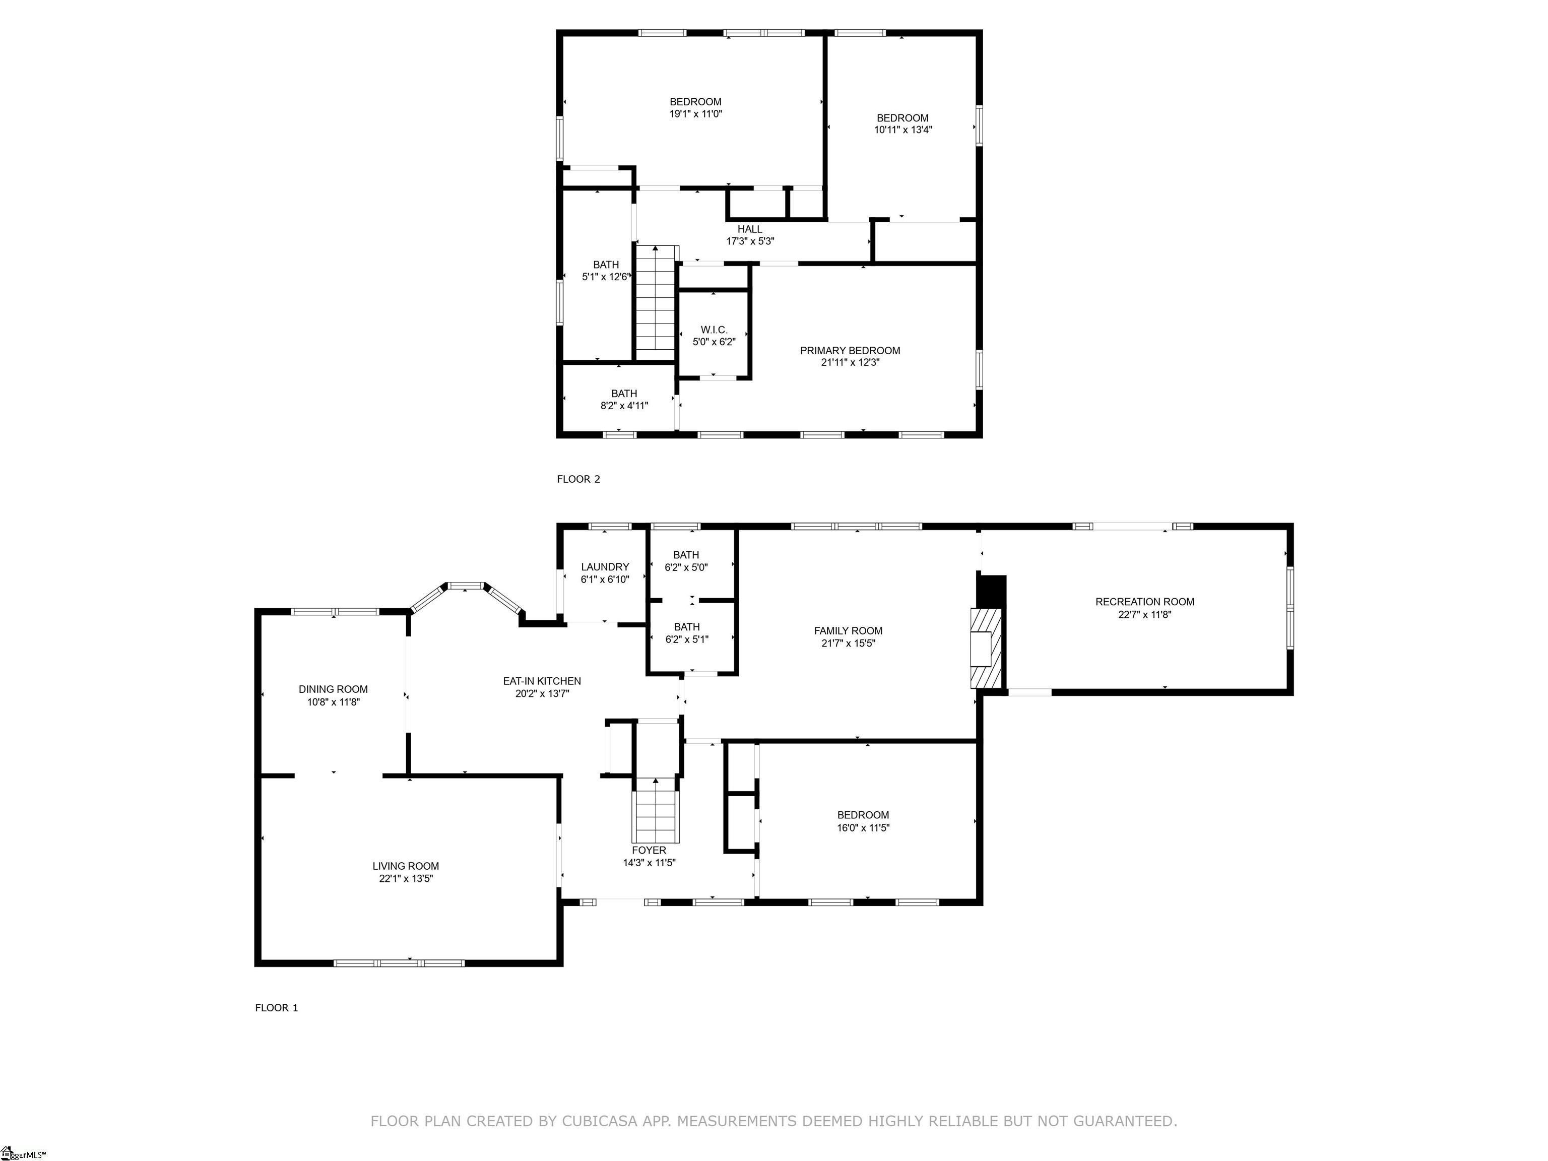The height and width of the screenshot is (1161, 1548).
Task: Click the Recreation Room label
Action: pos(1144,602)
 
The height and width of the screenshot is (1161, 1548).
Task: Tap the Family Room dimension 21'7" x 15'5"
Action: pos(848,643)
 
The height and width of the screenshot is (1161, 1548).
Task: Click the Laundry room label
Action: pos(605,567)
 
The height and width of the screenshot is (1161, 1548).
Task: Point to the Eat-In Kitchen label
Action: pos(542,681)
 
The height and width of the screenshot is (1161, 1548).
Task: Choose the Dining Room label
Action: pos(333,689)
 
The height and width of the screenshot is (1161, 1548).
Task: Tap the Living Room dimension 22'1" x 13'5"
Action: pos(406,878)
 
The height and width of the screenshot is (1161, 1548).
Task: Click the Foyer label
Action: pos(649,850)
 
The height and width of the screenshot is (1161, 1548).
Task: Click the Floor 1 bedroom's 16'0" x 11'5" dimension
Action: pos(863,827)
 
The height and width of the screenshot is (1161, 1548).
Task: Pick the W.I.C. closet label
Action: pos(714,330)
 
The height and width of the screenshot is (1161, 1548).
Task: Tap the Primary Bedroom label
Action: pos(850,351)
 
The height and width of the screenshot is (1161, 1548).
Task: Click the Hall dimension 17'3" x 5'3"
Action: pos(749,241)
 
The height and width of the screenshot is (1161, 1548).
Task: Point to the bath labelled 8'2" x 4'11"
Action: pos(624,400)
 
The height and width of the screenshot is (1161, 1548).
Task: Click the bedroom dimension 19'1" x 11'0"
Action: pos(695,113)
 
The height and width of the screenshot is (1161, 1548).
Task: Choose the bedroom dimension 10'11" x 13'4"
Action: pos(903,130)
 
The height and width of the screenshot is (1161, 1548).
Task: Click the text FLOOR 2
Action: pos(578,479)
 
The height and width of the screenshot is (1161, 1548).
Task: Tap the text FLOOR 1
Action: pos(277,1008)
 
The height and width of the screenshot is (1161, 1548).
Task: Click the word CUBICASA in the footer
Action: pos(599,1121)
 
